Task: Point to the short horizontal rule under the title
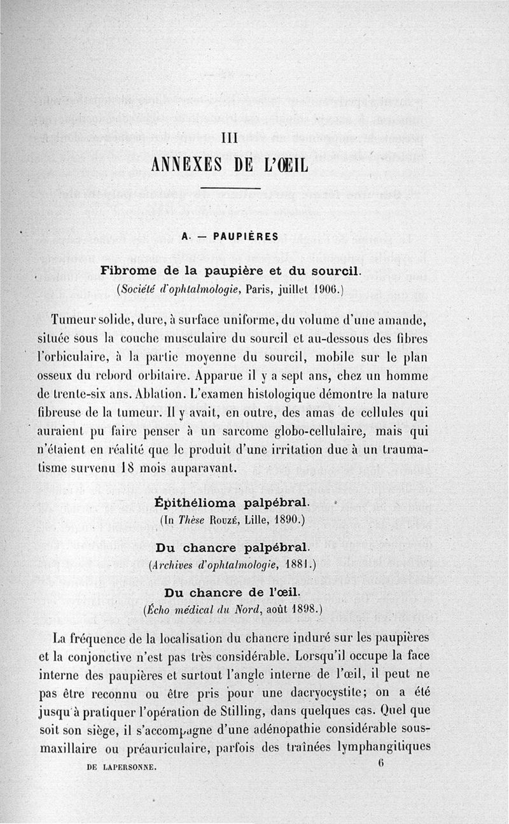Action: tap(230, 189)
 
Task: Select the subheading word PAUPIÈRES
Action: tap(246, 236)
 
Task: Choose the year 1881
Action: tap(296, 564)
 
